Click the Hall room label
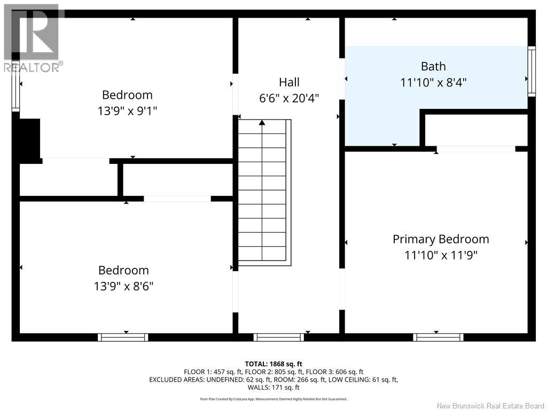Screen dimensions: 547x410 (289, 82)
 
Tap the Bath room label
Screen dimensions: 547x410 (433, 66)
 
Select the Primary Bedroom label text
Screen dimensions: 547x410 (441, 239)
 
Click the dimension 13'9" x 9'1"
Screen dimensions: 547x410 (127, 111)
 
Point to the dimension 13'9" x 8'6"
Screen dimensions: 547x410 (123, 286)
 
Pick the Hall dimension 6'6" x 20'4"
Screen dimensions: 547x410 (289, 98)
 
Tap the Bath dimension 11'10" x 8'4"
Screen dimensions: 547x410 (433, 83)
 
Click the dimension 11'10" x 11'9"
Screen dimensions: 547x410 (441, 255)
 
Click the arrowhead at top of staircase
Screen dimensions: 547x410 (262, 122)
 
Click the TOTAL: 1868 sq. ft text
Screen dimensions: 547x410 (273, 364)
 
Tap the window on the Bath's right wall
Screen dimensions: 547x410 (532, 72)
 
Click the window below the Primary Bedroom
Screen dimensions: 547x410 (438, 337)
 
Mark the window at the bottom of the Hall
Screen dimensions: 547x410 (279, 337)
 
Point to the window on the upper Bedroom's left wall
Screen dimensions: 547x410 (15, 90)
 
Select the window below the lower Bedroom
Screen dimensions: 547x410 (123, 337)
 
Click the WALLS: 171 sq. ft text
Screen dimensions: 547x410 (273, 388)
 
